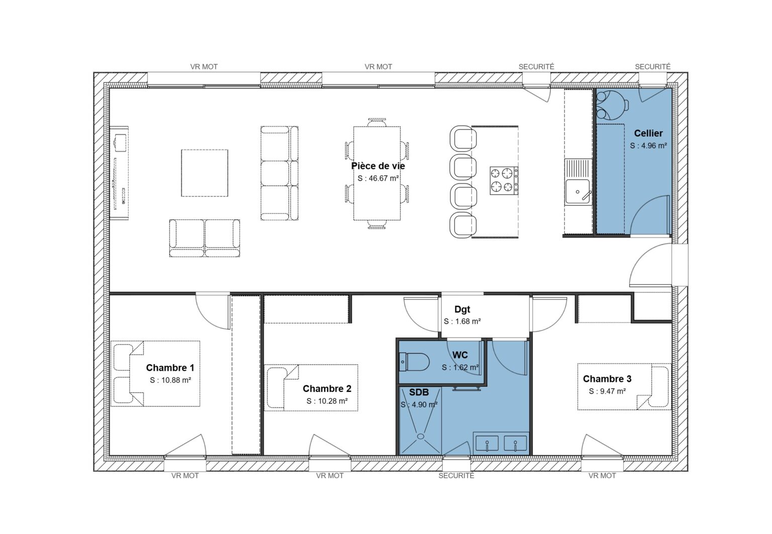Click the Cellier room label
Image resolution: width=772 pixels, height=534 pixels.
click(648, 133)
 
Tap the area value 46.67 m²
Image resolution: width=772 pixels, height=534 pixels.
click(378, 178)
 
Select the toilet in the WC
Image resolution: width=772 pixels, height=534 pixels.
click(414, 361)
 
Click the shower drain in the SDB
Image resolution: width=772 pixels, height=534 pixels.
click(420, 437)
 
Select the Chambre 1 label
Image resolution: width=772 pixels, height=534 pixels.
click(170, 368)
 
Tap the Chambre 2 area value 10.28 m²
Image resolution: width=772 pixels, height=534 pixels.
click(327, 401)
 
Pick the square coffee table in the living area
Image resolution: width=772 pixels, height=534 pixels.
click(205, 173)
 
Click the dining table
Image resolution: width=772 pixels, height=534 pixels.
click(377, 173)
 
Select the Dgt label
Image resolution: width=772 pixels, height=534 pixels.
click(462, 309)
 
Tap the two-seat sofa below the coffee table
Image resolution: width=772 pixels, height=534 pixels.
click(205, 238)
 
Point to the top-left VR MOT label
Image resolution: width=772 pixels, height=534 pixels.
click(204, 66)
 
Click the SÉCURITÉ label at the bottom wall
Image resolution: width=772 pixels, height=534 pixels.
click(456, 476)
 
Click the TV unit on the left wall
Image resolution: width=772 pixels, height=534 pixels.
click(120, 172)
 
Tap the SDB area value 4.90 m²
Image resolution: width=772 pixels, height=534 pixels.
click(419, 404)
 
